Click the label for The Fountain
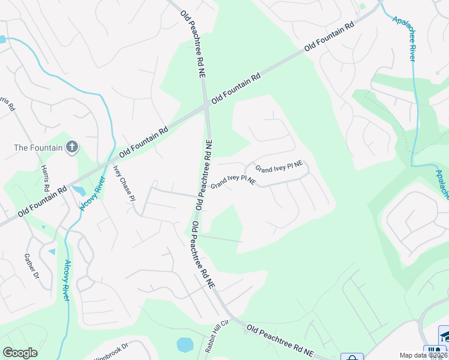pyautogui.click(x=37, y=147)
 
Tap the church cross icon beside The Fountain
pyautogui.click(x=71, y=147)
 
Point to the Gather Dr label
pyautogui.click(x=31, y=266)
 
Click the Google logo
pyautogui.click(x=20, y=353)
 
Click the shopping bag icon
pyautogui.click(x=352, y=357)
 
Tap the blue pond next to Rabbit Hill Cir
pyautogui.click(x=185, y=344)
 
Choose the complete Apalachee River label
pyautogui.click(x=404, y=37)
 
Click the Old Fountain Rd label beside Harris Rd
pyautogui.click(x=42, y=202)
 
